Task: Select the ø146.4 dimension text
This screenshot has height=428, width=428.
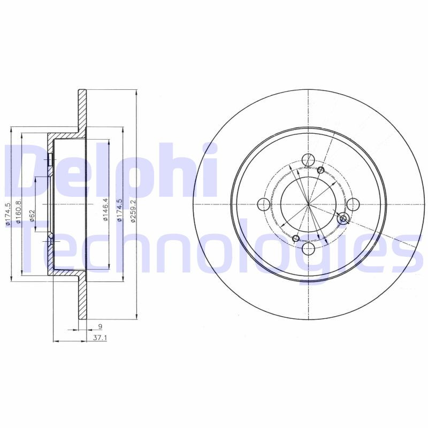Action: (105, 210)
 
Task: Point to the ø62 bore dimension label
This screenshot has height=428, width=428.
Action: (32, 216)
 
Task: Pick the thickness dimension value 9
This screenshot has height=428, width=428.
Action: (100, 326)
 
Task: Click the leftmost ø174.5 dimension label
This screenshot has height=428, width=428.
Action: (7, 213)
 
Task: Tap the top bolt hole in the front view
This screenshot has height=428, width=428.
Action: (308, 159)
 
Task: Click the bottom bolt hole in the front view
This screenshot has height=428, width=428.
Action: (308, 249)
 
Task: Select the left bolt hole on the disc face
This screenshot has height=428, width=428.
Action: (263, 204)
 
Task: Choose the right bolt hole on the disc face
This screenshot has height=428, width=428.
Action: (353, 204)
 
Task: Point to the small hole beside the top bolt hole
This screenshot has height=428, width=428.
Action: (320, 170)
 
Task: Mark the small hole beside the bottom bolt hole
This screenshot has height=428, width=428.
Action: (296, 238)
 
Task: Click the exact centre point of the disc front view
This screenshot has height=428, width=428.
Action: (308, 204)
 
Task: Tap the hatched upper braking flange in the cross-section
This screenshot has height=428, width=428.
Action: (82, 110)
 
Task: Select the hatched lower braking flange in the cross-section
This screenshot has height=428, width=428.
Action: (82, 300)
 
